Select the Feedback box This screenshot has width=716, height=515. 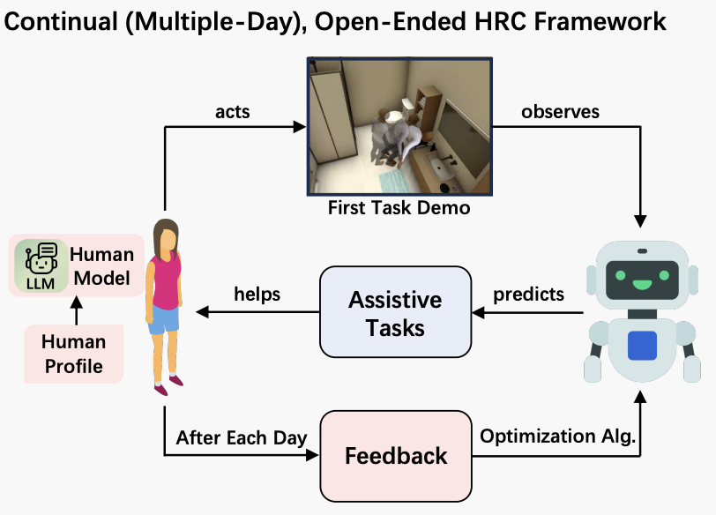(396, 455)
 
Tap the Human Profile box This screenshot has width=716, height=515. (73, 353)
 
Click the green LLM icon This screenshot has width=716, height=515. (41, 264)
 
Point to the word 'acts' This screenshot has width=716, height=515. (232, 112)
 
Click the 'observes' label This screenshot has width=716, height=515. (560, 112)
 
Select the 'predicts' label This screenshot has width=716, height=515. (529, 294)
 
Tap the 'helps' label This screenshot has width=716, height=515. (257, 294)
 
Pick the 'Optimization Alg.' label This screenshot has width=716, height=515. (557, 436)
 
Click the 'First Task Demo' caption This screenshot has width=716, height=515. (399, 209)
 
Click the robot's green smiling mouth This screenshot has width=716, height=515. (642, 286)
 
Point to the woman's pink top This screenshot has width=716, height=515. (165, 279)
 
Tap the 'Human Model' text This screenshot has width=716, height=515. (102, 265)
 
